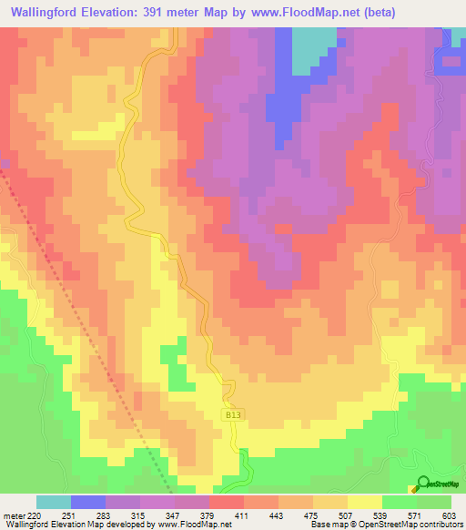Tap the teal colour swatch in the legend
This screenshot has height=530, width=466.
pos(54,503)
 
